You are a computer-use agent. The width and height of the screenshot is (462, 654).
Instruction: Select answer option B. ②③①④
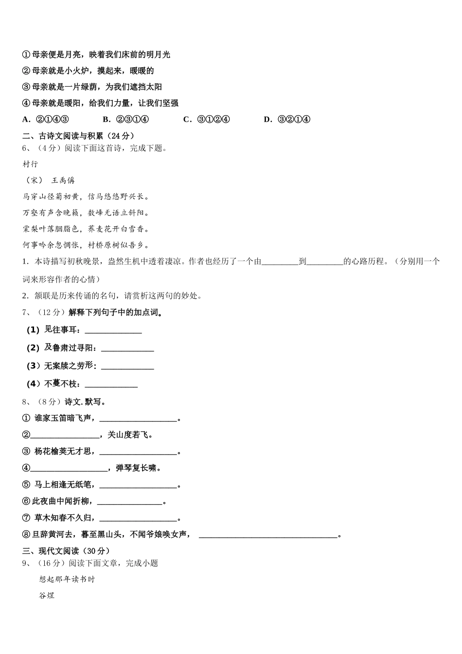coord(125,120)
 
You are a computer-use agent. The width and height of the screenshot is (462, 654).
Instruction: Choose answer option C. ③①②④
coord(206,120)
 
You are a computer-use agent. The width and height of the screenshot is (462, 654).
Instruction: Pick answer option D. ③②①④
coord(286,120)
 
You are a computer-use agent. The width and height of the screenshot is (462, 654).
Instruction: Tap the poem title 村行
coord(30,164)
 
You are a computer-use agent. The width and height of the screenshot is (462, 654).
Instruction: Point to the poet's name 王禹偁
coord(63,181)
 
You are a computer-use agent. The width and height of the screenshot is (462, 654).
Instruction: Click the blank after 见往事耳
coord(113,331)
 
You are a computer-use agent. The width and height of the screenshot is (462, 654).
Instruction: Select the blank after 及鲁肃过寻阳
coord(127,349)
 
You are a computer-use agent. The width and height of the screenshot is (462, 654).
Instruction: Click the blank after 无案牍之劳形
coord(127,367)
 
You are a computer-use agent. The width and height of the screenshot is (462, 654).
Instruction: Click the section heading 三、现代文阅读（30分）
coord(66,551)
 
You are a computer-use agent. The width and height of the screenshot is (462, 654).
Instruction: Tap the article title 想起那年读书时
coord(67,580)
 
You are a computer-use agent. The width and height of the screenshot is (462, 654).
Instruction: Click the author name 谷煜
coord(47,596)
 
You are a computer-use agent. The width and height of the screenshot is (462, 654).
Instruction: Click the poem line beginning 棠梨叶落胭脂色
coord(86,229)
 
